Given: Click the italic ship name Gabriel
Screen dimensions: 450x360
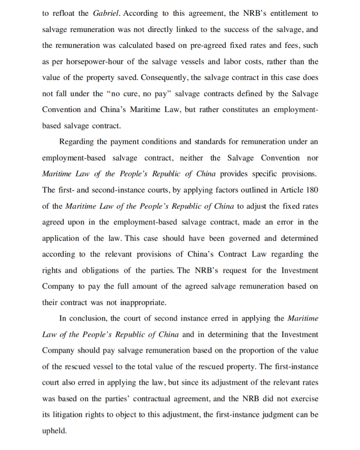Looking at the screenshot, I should [107, 13].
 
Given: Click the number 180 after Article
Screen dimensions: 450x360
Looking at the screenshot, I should [312, 190].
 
